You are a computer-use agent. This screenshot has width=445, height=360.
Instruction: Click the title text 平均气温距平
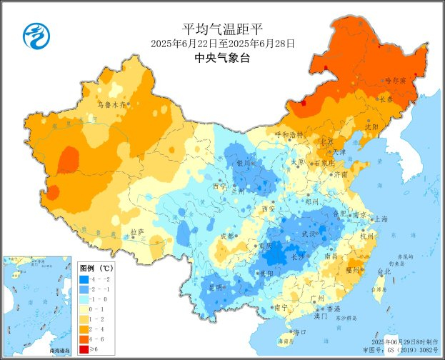[x=222, y=29]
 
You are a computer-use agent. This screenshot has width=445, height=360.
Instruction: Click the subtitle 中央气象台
[x=222, y=59]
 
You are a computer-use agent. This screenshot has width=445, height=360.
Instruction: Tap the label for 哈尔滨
[x=394, y=81]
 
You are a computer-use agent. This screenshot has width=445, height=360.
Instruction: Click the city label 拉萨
[x=137, y=232]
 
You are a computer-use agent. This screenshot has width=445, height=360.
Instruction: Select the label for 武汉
[x=309, y=235]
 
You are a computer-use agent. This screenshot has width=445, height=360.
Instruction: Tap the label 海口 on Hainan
[x=303, y=332]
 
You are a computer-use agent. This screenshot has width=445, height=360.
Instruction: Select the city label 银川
[x=244, y=163]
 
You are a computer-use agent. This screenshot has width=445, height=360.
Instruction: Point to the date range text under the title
[x=222, y=44]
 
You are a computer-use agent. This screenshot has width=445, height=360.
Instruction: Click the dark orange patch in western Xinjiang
[x=68, y=159]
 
